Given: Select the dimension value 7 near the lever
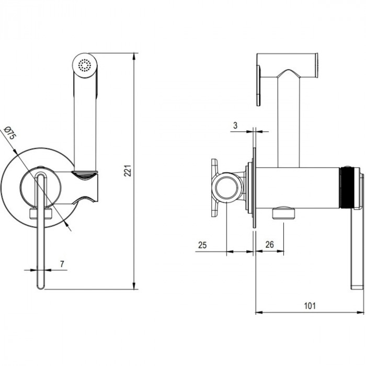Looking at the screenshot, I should pos(62,265).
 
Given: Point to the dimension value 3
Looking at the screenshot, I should pos(236,125).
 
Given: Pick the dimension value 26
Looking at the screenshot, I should pos(270,245).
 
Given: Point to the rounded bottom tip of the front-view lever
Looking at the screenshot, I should pos(41,286).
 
